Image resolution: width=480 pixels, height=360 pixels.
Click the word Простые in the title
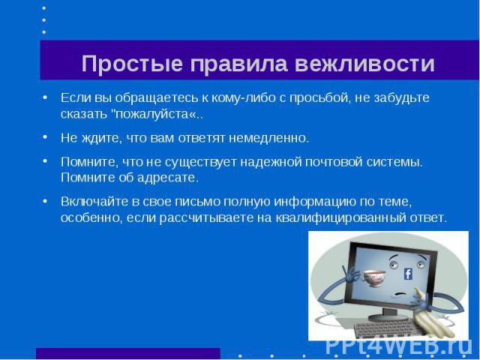click(x=132, y=64)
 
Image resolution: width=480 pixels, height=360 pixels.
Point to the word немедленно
click(x=269, y=138)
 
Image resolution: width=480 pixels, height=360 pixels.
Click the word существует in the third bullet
click(x=201, y=162)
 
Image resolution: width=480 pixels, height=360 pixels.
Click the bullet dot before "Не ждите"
click(x=45, y=137)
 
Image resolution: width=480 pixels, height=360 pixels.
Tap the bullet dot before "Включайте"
click(x=45, y=202)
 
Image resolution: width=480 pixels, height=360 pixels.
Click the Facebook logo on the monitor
click(x=408, y=274)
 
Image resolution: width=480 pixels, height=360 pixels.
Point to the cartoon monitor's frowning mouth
click(x=401, y=294)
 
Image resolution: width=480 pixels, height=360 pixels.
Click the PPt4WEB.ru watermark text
click(x=398, y=346)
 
